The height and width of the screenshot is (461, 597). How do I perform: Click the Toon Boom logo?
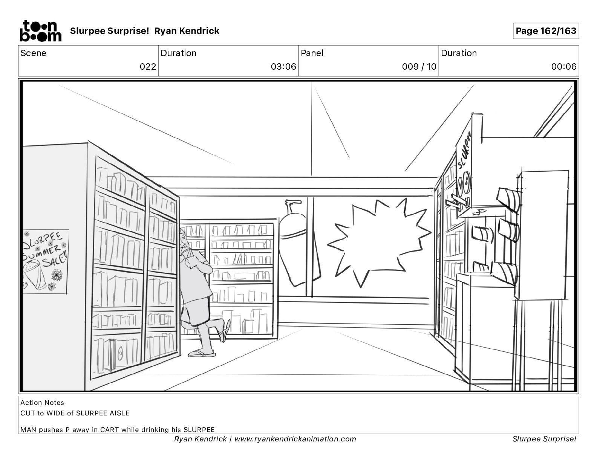tap(40, 31)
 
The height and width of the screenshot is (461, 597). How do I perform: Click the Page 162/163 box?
tap(546, 31)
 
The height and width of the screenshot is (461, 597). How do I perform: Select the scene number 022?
tap(148, 67)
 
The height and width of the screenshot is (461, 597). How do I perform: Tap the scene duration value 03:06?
tap(283, 67)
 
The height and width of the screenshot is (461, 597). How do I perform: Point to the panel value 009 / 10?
tap(419, 67)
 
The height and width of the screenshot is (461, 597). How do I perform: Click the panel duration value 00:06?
tap(563, 67)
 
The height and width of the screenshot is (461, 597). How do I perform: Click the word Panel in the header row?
tap(312, 53)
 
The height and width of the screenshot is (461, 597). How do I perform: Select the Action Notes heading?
tap(42, 403)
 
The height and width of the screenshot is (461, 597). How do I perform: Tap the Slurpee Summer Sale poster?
tap(45, 261)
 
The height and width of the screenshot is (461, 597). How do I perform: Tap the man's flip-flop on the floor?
tap(202, 353)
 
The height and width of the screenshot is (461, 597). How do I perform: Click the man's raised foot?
tap(224, 330)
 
